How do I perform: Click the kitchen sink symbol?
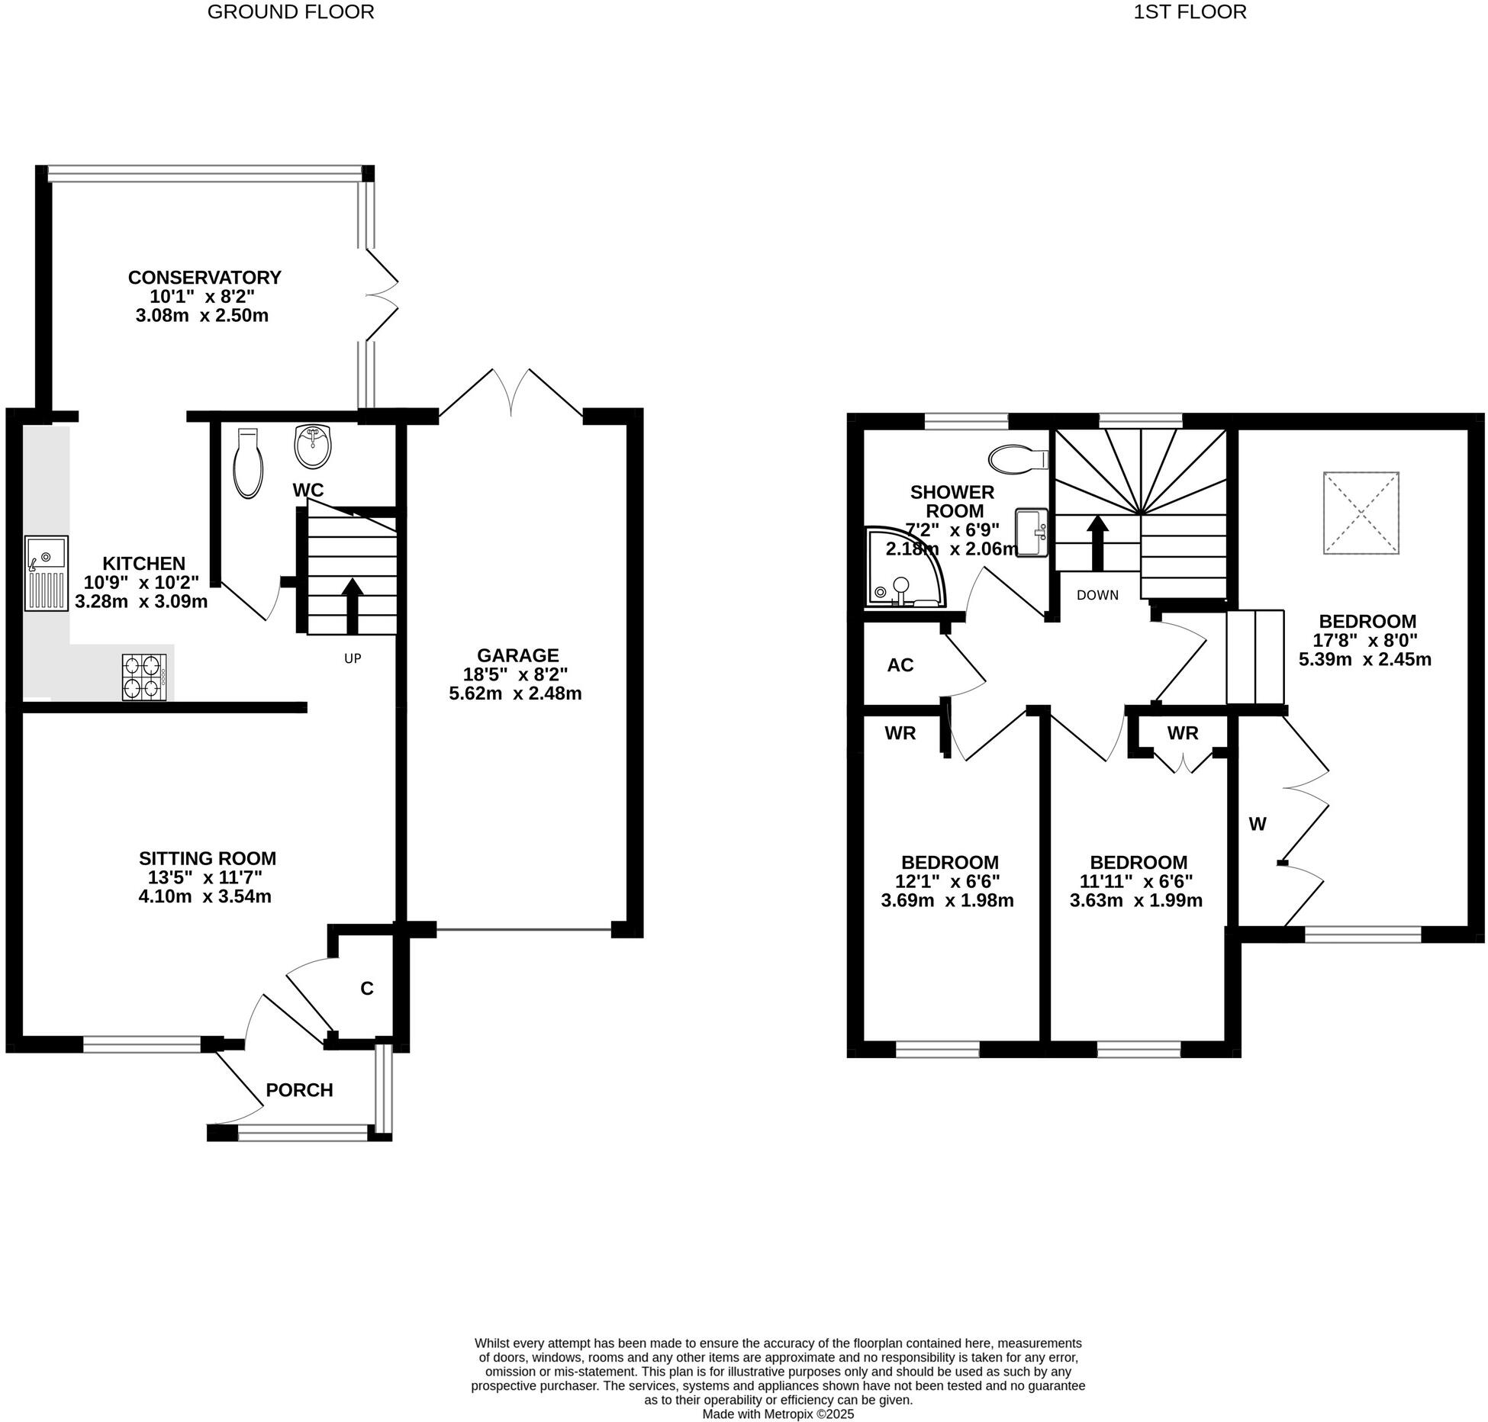[47, 573]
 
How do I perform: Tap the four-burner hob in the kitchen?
[144, 677]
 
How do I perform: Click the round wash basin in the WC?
[313, 447]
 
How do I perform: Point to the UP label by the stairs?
[353, 658]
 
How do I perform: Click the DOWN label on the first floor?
[1097, 595]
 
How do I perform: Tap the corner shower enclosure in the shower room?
[902, 569]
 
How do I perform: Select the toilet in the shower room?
[1018, 459]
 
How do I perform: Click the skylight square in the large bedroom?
[1361, 513]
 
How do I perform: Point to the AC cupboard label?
[900, 665]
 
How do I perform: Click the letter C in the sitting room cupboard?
[367, 989]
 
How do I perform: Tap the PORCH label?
[299, 1090]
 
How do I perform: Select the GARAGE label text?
[517, 655]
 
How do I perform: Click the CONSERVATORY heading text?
[205, 278]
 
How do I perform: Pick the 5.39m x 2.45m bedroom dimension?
[1365, 659]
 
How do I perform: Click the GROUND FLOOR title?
[291, 12]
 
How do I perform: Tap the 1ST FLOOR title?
[1190, 12]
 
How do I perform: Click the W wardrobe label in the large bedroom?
[1258, 824]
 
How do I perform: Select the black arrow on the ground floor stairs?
[352, 606]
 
